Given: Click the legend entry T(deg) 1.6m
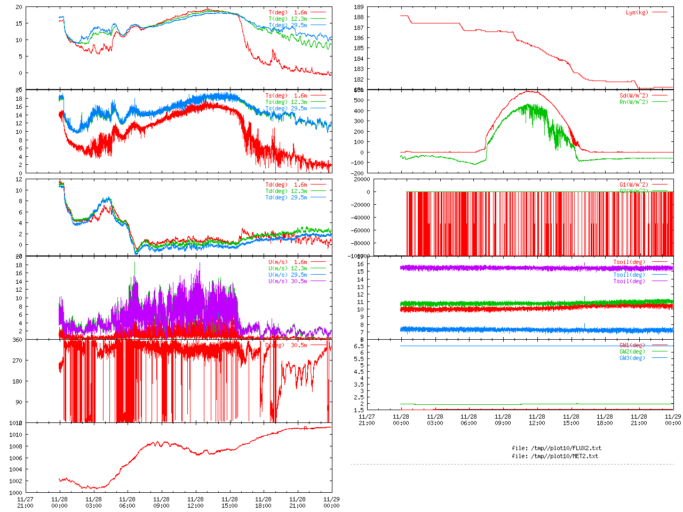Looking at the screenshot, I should click(288, 12).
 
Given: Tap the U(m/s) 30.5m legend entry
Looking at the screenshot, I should click(288, 281).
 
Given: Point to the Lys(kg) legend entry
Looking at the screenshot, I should click(637, 12).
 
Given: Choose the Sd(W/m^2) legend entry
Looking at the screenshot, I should click(634, 96).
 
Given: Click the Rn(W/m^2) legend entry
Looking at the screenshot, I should click(634, 102).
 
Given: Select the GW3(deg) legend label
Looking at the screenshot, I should click(632, 358).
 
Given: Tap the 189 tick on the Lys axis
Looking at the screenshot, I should click(359, 7).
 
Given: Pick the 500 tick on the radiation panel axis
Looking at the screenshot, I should click(359, 100).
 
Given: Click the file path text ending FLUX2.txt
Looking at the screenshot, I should click(557, 448).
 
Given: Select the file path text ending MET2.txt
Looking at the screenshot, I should click(555, 456).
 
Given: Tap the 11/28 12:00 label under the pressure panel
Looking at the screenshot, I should click(195, 502).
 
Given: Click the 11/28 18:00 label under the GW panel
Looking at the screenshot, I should click(605, 420).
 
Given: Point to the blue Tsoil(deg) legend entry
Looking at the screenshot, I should click(629, 275).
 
